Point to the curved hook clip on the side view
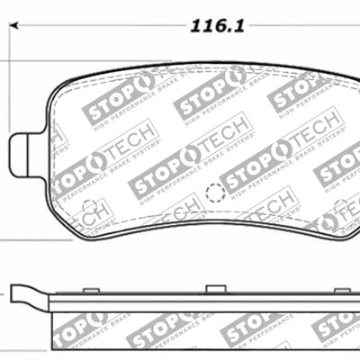coord(27,293)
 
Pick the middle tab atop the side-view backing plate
coord(215,289)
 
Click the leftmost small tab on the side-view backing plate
coord(90,290)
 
